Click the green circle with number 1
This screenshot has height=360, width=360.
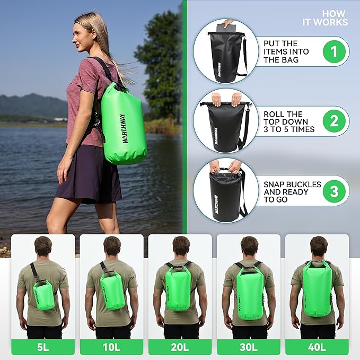click(x=333, y=51)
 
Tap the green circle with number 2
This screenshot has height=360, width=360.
click(x=333, y=121)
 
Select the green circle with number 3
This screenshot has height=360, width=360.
click(x=333, y=191)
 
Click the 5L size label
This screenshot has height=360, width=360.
click(x=43, y=347)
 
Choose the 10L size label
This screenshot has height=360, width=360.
click(x=111, y=347)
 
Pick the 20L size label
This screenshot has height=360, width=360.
click(x=180, y=347)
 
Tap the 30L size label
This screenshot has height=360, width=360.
click(x=248, y=347)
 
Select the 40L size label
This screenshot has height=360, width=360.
click(x=317, y=347)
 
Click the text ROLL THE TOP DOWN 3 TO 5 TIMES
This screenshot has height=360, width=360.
click(x=289, y=121)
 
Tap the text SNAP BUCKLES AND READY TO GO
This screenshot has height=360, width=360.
click(x=292, y=191)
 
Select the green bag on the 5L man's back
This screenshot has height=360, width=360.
click(x=45, y=295)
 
